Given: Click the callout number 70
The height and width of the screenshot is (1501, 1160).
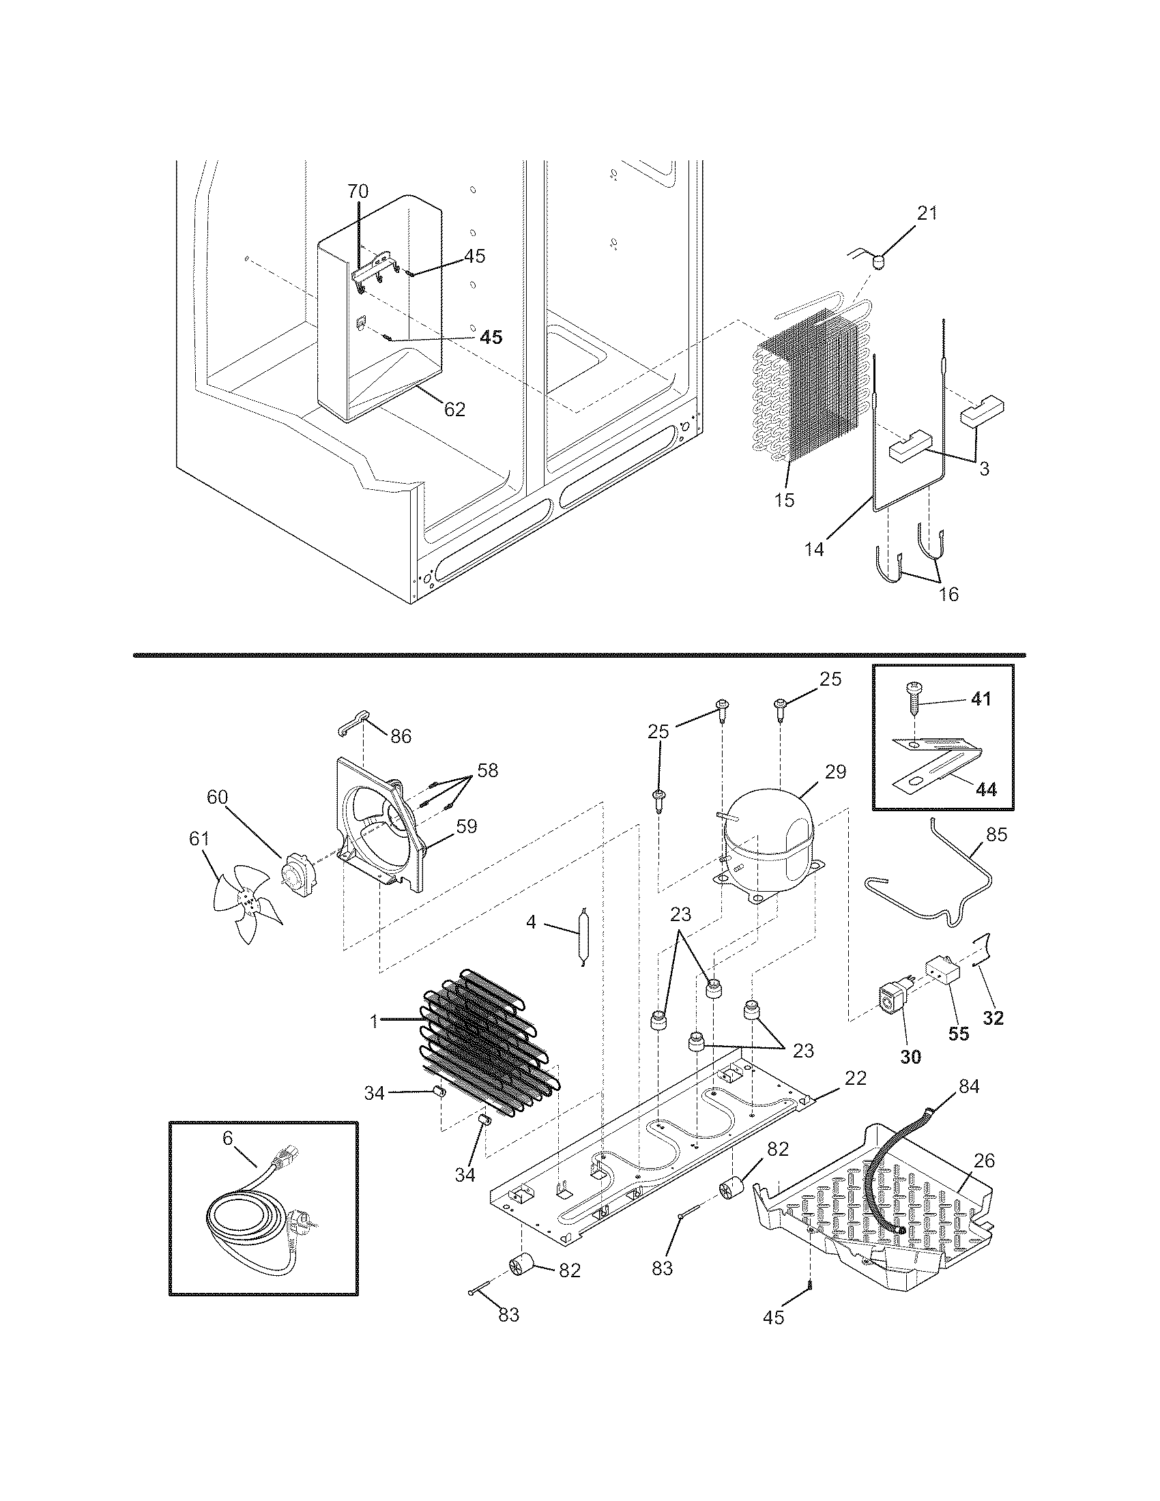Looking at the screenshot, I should pos(358,192).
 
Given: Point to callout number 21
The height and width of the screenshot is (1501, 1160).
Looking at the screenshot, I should pos(927,213).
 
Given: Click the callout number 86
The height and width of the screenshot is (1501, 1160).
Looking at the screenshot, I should pos(401,737).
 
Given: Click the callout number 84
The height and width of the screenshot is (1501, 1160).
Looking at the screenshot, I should pos(968,1087).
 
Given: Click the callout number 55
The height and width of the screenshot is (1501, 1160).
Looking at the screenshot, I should pos(958,1053).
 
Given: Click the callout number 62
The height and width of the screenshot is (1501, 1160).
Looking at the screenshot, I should pos(454,409).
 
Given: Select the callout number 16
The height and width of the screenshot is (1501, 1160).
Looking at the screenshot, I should pos(948,594).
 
